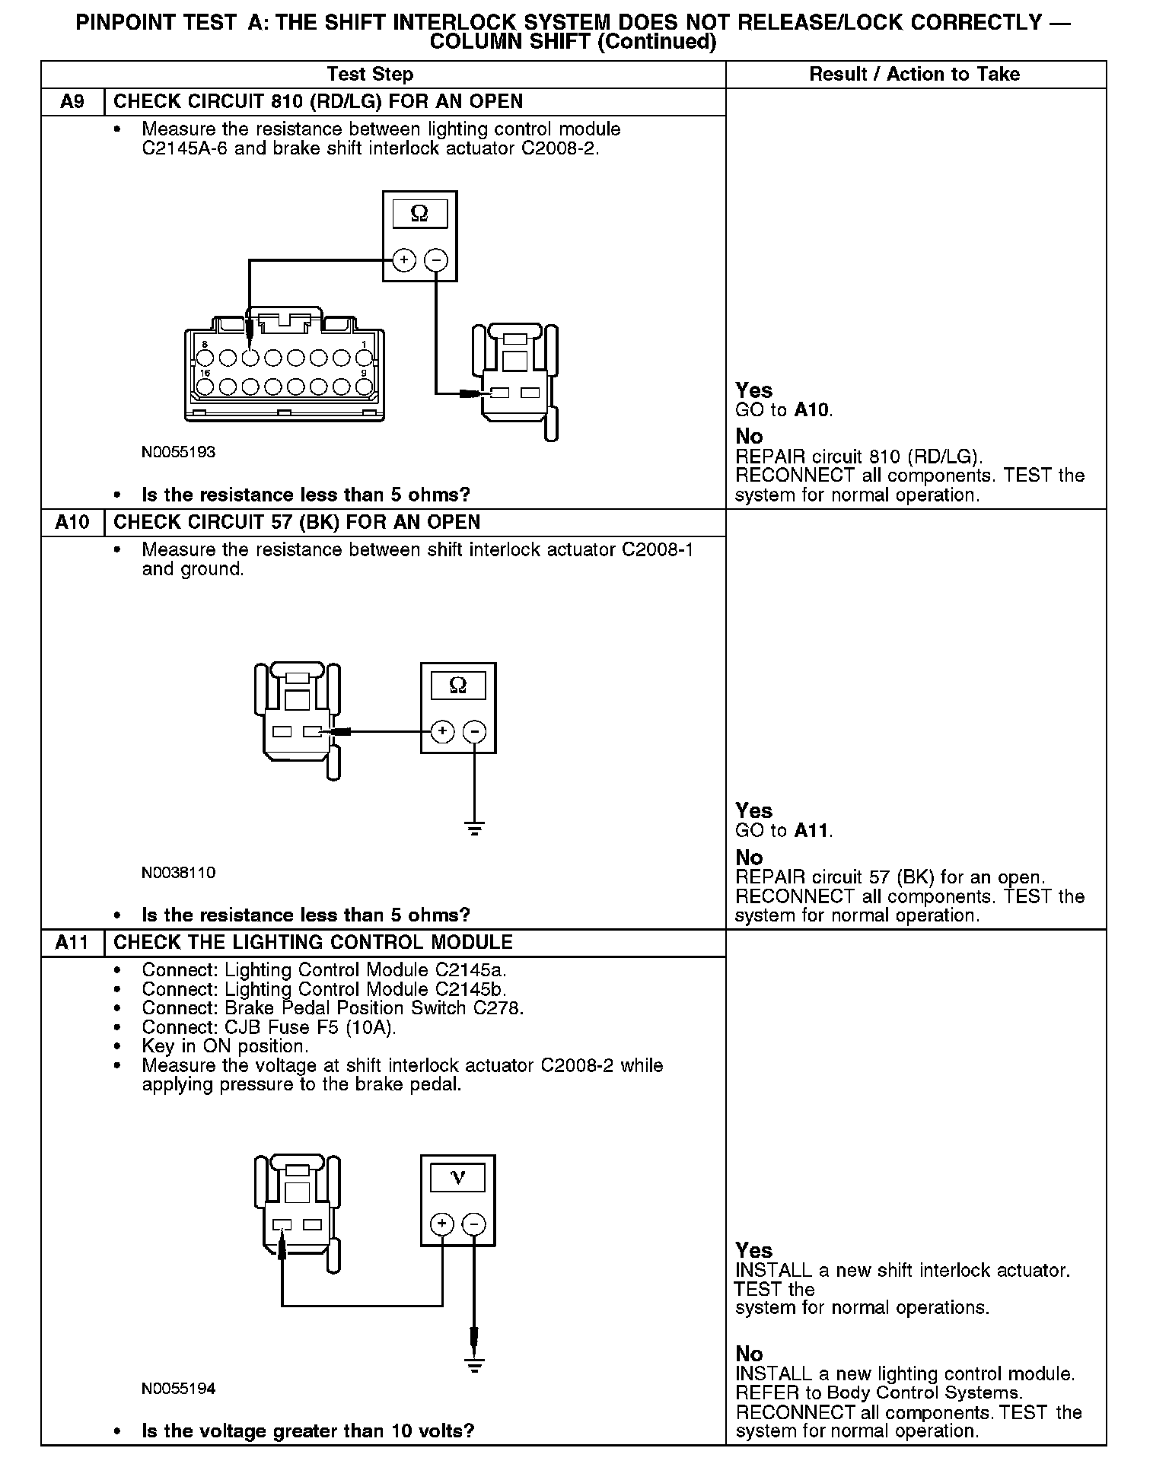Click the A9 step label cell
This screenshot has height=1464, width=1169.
tap(72, 102)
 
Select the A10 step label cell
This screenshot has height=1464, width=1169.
tap(72, 523)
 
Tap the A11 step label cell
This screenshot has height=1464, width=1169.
tap(72, 943)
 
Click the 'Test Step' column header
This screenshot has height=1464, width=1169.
tap(370, 75)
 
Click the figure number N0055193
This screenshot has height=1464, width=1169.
tap(178, 452)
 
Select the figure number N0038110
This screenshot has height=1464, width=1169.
tap(178, 872)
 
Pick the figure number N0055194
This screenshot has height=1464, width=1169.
tap(178, 1389)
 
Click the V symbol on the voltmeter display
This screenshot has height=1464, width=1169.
tap(457, 1178)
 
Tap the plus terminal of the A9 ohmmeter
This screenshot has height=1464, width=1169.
tap(403, 260)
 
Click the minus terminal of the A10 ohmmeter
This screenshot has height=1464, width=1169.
tap(474, 732)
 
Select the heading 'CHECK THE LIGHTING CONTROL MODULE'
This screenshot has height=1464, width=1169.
tap(313, 943)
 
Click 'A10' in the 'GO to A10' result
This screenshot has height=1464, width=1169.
tap(812, 411)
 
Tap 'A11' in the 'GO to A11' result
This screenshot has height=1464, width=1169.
tap(812, 831)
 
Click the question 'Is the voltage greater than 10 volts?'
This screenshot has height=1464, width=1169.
tap(307, 1431)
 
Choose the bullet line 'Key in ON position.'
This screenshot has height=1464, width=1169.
tap(225, 1046)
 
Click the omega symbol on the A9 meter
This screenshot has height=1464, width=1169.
tap(419, 214)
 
